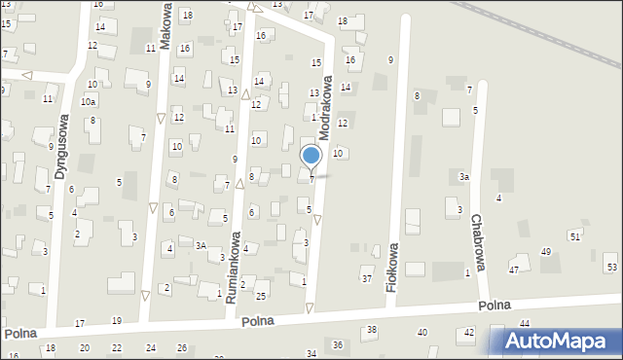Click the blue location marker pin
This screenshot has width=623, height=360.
tap(311, 157)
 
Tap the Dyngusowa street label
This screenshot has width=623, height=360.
tap(61, 146)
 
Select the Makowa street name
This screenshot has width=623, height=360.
tap(166, 31)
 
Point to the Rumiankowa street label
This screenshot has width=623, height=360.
tap(234, 269)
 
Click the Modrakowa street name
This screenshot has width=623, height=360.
tap(326, 104)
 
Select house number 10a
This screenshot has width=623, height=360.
tap(88, 101)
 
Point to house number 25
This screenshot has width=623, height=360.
tap(260, 295)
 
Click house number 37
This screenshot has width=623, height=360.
tap(367, 279)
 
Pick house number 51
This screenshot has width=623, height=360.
tap(575, 236)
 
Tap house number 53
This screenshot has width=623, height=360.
tap(611, 267)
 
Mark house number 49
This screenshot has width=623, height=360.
tap(545, 252)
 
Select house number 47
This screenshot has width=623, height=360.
tap(513, 270)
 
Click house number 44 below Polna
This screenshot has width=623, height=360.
tap(524, 323)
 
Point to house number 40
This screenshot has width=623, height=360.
tap(421, 333)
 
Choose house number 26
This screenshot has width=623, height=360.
tap(181, 347)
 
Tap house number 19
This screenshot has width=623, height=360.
tap(116, 320)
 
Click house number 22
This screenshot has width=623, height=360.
tap(117, 347)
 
